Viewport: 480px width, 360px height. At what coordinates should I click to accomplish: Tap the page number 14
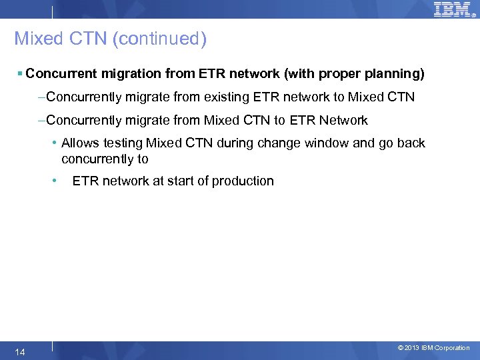(x=20, y=351)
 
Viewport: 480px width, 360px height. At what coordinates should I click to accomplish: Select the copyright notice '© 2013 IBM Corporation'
(x=433, y=348)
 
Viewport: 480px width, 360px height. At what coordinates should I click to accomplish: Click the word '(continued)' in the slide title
(x=159, y=39)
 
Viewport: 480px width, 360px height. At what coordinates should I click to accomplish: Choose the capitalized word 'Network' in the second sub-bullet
(x=343, y=120)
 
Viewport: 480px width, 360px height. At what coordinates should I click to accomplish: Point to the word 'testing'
(x=123, y=143)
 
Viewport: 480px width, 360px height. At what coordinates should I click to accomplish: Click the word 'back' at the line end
(x=411, y=143)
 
